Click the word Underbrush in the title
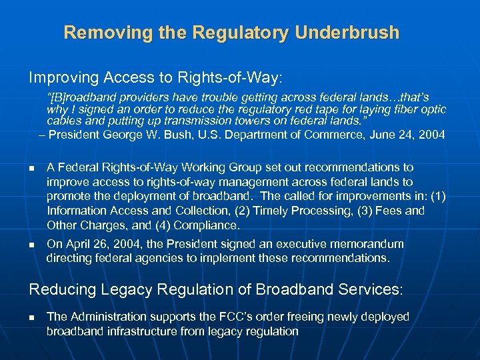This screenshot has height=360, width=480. point(341,32)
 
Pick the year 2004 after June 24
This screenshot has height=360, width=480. point(431,135)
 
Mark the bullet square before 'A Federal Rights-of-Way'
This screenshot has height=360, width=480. point(31,168)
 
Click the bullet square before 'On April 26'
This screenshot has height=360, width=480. point(31,245)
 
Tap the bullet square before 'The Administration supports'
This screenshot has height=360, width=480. point(31,317)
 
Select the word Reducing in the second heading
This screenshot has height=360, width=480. point(58,289)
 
